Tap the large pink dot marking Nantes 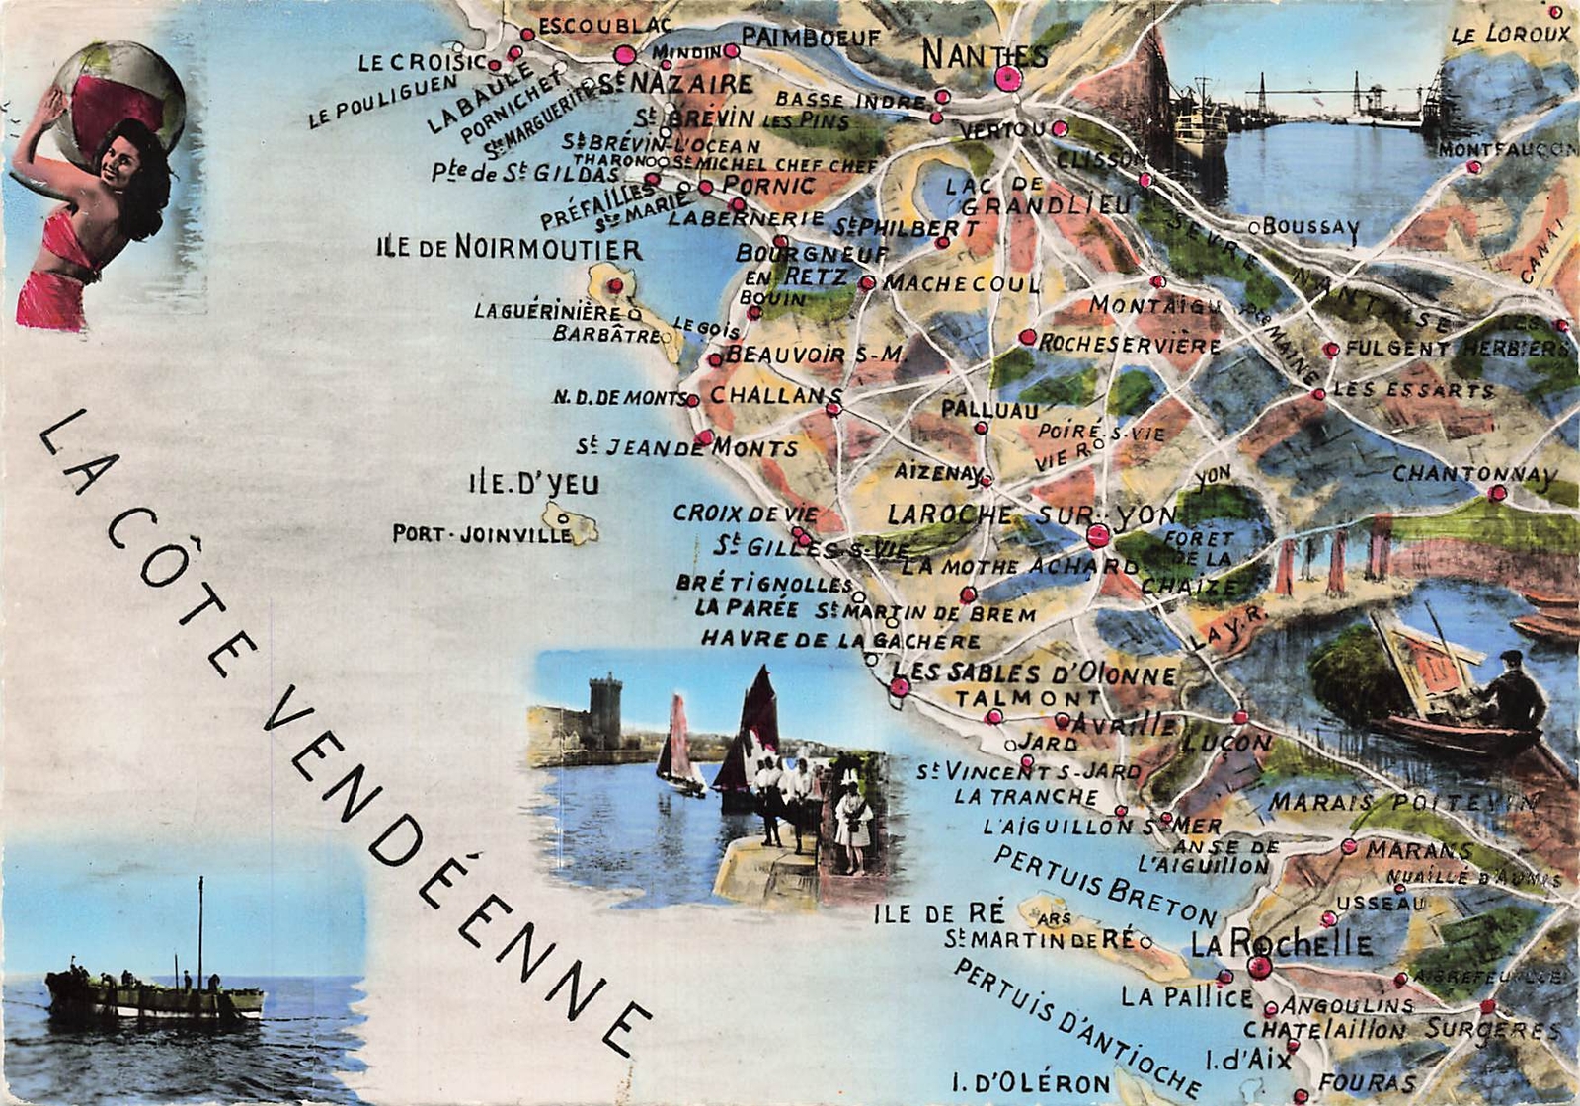pos(1007,79)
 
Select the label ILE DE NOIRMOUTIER pos(509,248)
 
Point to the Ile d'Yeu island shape pos(571,522)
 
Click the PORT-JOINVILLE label pos(482,534)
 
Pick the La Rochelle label pos(1281,943)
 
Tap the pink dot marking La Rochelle pos(1259,967)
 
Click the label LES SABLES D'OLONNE pos(1034,674)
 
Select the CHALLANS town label pos(775,395)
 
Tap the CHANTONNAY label pos(1473,474)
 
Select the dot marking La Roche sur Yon pos(1097,536)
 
